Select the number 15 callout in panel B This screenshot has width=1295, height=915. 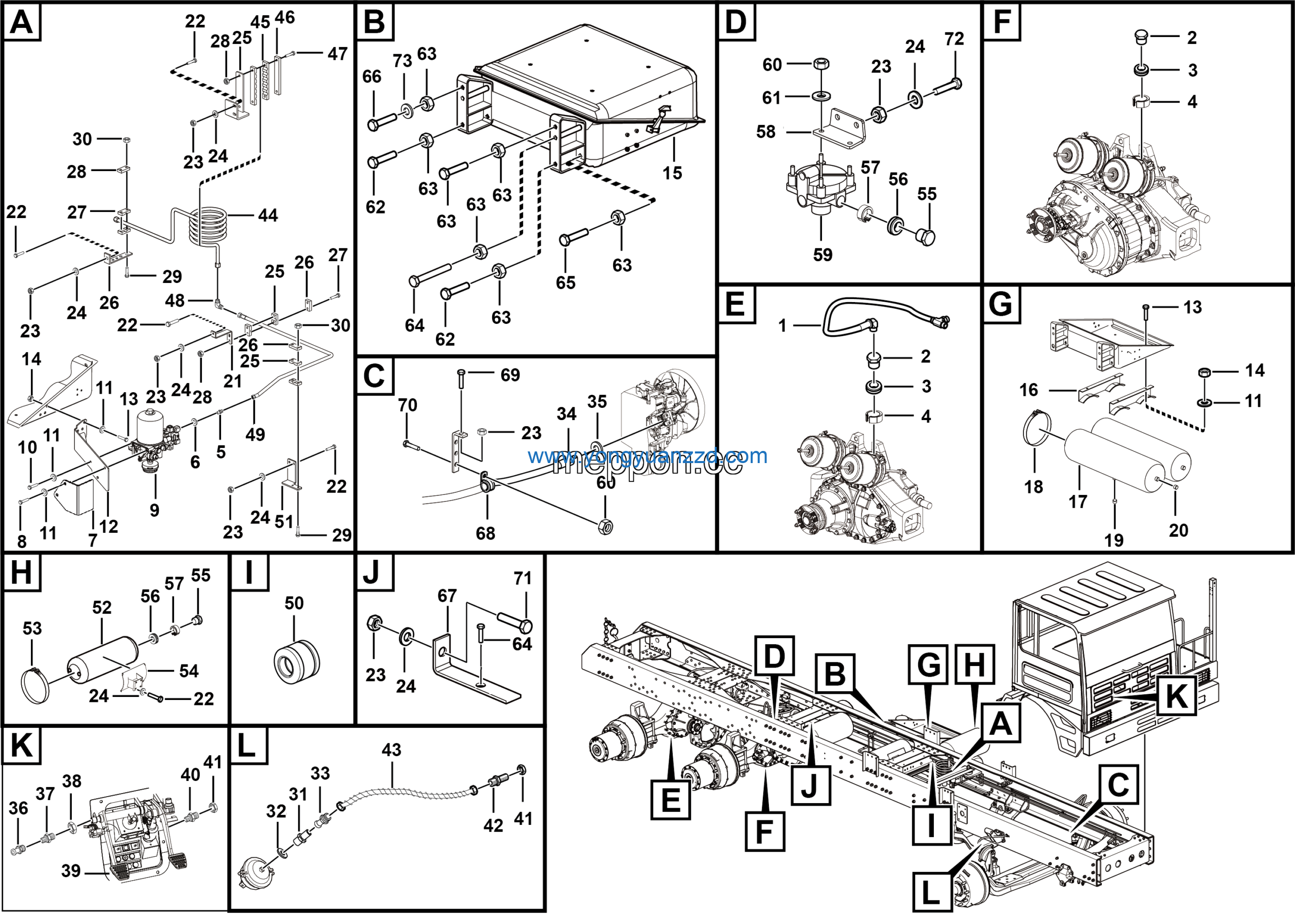point(672,173)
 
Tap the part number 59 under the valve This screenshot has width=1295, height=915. point(823,255)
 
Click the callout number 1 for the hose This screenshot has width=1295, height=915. point(782,325)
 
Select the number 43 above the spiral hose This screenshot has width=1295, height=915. point(392,750)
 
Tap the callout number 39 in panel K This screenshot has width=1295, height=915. point(71,870)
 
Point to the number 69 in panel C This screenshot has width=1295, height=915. point(510,375)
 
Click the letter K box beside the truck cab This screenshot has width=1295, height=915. point(1176,695)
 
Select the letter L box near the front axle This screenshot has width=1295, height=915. point(931,892)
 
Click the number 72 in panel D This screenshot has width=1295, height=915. point(954,39)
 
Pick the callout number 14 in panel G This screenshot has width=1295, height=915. point(1255,370)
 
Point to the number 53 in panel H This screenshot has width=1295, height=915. point(32,629)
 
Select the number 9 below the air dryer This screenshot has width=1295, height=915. point(154,511)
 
